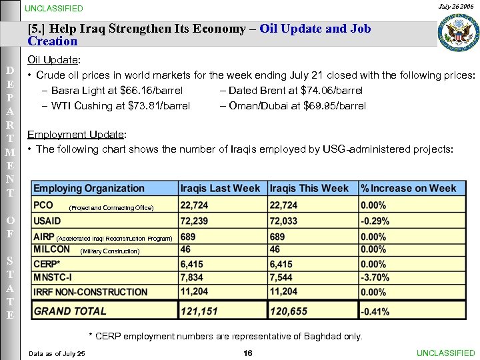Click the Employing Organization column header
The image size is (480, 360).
coord(89,189)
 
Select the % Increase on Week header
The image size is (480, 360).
coord(409,189)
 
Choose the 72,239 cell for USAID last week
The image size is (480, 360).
coord(194,221)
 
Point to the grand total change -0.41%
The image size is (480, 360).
coord(375,311)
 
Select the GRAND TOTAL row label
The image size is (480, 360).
coord(70,311)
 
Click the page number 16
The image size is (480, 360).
coord(247,353)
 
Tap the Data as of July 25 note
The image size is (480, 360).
coord(57,353)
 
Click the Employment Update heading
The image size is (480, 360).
coord(77,135)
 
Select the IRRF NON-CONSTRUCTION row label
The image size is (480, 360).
coord(91,291)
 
